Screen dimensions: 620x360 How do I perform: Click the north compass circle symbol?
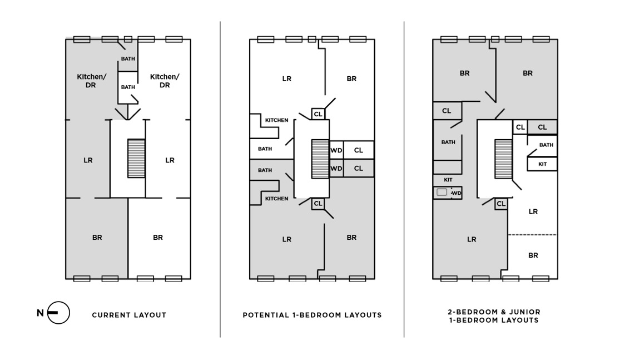tap(58, 313)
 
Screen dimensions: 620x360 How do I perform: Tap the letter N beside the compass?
tap(40, 313)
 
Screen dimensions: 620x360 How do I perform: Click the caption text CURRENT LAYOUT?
tap(129, 315)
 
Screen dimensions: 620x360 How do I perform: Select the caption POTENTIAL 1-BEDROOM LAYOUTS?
tap(312, 315)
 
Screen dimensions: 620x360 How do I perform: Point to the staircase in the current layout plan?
tap(136, 158)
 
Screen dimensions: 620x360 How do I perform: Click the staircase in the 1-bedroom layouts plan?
tap(320, 159)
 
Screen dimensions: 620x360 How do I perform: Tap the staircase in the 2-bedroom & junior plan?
tap(503, 159)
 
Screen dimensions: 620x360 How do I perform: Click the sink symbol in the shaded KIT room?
tap(442, 193)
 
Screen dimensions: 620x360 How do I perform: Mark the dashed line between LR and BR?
tap(532, 235)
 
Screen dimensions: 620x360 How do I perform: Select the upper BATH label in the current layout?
tap(128, 59)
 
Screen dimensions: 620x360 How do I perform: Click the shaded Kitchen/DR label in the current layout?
tap(91, 81)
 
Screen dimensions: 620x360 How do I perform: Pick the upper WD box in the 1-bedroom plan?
tap(336, 150)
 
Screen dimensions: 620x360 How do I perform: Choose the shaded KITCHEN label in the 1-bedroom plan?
tap(276, 199)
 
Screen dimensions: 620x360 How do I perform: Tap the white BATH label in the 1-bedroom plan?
tap(265, 149)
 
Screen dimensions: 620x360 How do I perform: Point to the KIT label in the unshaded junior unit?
tap(542, 164)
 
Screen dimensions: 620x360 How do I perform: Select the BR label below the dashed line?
tap(533, 255)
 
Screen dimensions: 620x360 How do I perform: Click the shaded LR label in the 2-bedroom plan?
tap(472, 239)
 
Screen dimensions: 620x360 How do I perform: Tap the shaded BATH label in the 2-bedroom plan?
tap(448, 142)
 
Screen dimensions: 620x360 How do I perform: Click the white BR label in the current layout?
tap(158, 238)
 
